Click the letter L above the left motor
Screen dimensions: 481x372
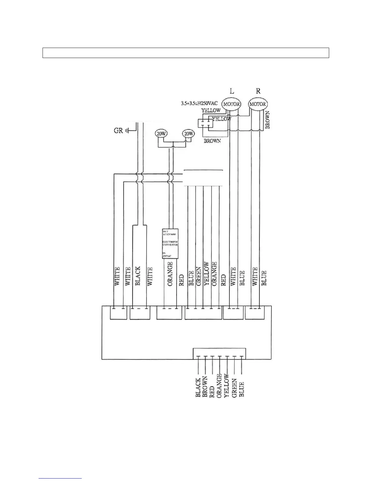click(x=232, y=91)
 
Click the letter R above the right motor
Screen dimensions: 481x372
click(x=258, y=91)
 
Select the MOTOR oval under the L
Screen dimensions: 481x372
click(x=232, y=104)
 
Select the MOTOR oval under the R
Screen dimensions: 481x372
click(x=257, y=104)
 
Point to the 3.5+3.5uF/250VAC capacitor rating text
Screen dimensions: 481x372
click(x=199, y=103)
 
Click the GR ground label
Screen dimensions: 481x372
click(x=118, y=131)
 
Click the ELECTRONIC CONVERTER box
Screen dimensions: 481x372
click(x=170, y=243)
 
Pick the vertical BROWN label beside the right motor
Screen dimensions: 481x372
click(x=267, y=120)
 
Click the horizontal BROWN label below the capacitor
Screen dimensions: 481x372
click(x=212, y=141)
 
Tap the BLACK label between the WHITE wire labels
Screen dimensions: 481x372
click(x=138, y=276)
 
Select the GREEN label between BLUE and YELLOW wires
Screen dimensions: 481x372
click(x=199, y=276)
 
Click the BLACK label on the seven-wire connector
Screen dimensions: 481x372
click(x=198, y=387)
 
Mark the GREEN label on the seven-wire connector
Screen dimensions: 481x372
click(x=234, y=388)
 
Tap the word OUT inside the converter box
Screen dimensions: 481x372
click(x=166, y=231)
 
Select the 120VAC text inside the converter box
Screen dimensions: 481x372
click(x=167, y=256)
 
